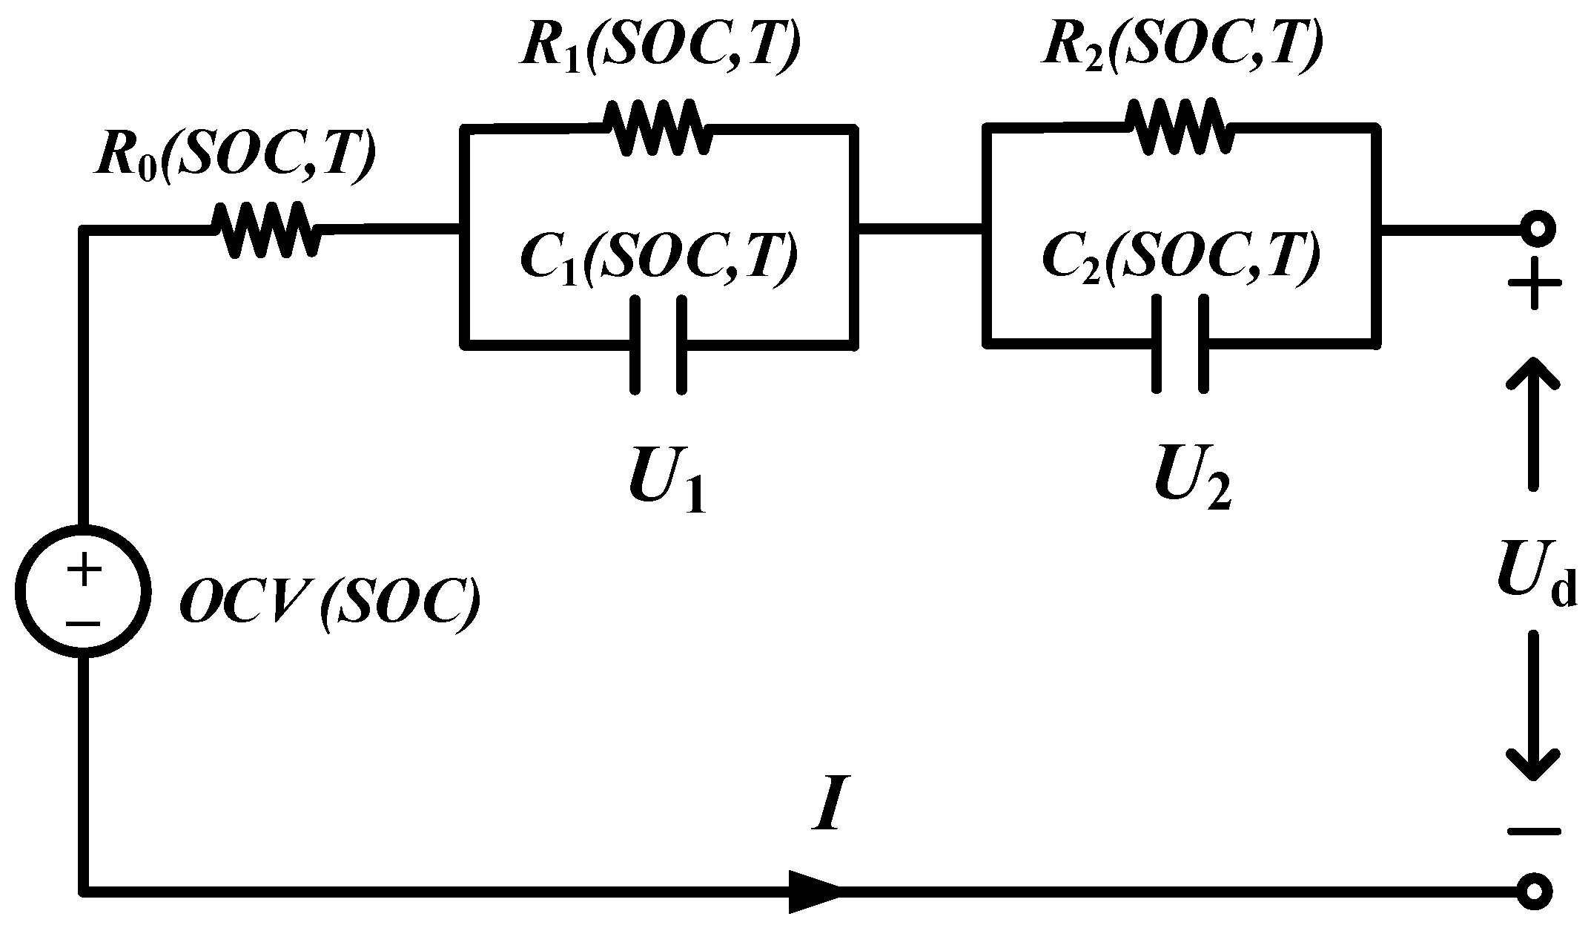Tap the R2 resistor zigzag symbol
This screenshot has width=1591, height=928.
[x=1180, y=127]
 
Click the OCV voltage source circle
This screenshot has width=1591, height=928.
[x=83, y=591]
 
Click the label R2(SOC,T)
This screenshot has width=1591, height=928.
[x=1182, y=46]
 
